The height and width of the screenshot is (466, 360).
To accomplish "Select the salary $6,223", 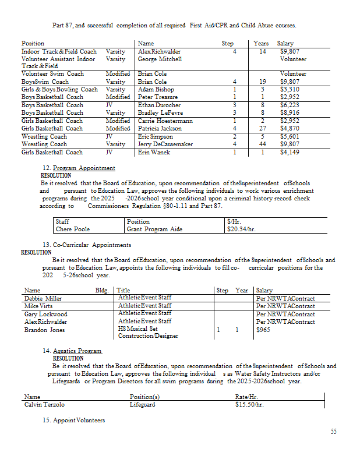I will [x=290, y=105].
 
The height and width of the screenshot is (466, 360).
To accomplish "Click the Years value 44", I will [x=263, y=144].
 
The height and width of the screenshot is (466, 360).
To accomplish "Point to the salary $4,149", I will [x=290, y=153].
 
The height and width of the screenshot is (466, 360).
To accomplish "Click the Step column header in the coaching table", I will [x=228, y=44].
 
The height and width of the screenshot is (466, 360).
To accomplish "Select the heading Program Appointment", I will [x=84, y=168].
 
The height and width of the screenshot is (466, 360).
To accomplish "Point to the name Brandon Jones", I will [x=44, y=330].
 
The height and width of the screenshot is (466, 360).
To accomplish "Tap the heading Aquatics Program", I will [x=77, y=351].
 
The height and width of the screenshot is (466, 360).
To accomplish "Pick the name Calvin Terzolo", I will [x=45, y=404].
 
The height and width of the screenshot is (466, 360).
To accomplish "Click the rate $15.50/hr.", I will [x=249, y=404].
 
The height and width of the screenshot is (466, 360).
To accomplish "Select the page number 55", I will [x=333, y=432].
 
